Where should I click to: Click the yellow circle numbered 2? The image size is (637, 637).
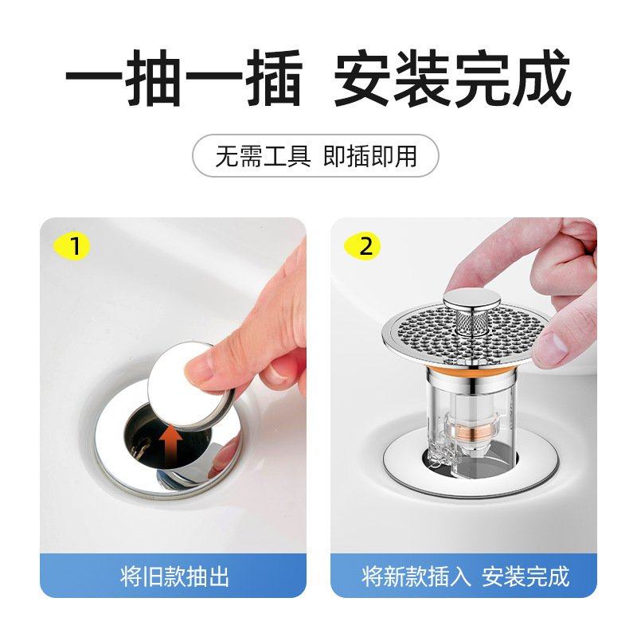click(366, 246)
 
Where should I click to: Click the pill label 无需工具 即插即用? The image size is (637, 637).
click(316, 155)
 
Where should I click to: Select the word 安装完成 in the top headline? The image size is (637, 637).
click(452, 80)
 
